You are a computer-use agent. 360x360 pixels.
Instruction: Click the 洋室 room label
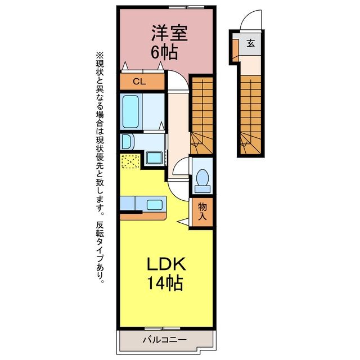click(169, 33)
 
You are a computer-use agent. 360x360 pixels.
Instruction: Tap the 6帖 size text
click(164, 52)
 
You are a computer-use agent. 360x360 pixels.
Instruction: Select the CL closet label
click(139, 82)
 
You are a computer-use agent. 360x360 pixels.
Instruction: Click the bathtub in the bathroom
click(130, 111)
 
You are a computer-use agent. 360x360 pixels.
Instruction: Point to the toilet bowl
click(202, 178)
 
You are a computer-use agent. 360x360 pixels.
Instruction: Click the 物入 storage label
click(202, 211)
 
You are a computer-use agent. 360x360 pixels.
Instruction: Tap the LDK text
click(166, 264)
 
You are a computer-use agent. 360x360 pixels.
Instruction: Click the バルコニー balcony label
click(164, 339)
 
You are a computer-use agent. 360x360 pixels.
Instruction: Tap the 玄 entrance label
click(251, 43)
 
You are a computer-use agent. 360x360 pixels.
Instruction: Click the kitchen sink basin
click(155, 205)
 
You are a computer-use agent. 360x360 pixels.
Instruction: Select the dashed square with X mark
click(130, 161)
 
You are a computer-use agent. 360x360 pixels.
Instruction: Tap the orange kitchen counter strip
click(143, 215)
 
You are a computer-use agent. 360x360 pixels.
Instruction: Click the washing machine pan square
click(154, 158)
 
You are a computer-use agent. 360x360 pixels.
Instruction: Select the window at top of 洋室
click(186, 7)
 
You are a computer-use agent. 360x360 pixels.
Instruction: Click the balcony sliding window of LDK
click(163, 328)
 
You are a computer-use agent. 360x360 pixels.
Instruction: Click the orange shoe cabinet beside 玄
click(236, 51)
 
